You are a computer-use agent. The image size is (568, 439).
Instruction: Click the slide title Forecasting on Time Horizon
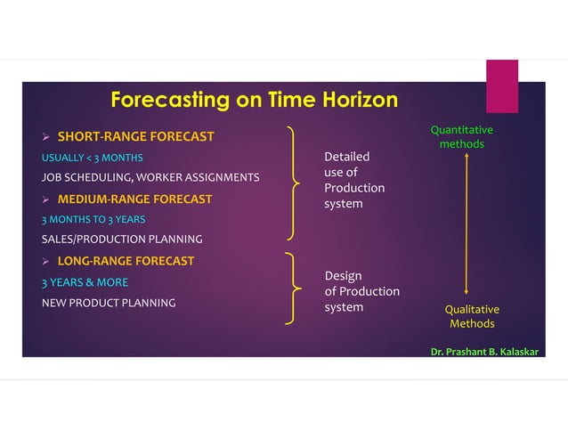[254, 100]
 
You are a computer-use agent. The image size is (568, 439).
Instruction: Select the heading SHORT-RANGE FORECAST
[135, 137]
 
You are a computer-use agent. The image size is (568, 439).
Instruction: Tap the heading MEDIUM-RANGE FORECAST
[134, 199]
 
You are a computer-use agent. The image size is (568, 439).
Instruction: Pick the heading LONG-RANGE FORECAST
[126, 261]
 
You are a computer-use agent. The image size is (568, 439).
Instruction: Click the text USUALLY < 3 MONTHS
[92, 159]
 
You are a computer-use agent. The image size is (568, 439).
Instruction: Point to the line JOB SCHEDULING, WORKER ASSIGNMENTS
[150, 178]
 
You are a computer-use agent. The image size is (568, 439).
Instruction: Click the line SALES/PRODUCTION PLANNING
[122, 240]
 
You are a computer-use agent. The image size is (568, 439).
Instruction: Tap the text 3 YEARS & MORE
[85, 282]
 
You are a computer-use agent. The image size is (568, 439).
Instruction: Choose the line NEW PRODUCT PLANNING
[109, 303]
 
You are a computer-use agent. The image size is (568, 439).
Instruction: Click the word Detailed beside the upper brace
[346, 157]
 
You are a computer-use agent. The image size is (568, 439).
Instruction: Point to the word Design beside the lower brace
[343, 276]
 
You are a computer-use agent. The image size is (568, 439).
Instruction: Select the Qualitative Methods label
[472, 316]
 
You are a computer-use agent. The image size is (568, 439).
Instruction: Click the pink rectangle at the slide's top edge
[501, 85]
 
